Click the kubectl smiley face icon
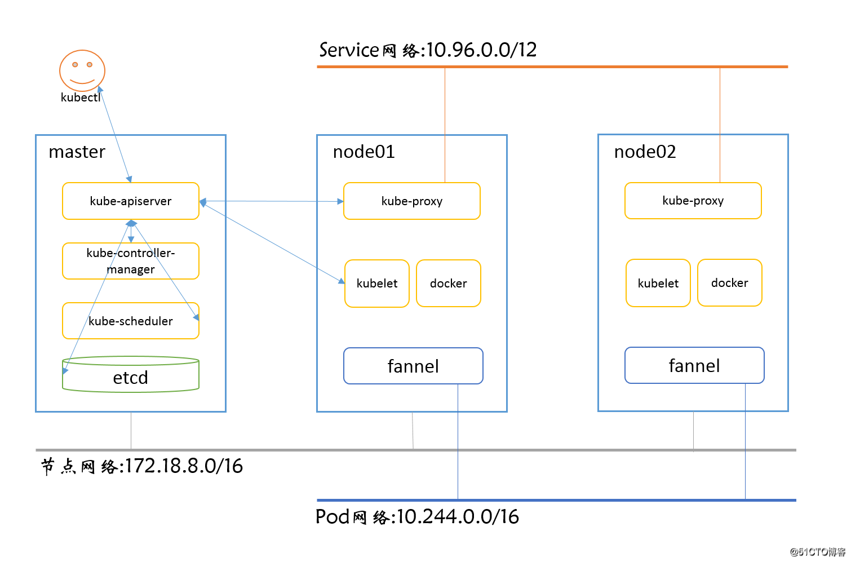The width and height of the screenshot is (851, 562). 82,70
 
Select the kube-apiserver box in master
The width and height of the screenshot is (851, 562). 130,201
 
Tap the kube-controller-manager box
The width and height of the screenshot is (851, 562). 130,261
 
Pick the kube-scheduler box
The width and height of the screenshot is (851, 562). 130,321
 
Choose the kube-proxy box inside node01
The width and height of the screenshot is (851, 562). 411,201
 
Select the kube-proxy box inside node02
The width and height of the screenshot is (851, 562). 693,201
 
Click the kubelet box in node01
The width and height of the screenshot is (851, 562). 376,284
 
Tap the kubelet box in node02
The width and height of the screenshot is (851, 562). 658,283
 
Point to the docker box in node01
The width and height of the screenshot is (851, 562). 448,284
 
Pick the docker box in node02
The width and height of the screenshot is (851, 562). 729,283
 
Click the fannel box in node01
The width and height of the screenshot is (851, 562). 413,366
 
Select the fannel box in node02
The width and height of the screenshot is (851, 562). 694,365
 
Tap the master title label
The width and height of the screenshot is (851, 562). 77,152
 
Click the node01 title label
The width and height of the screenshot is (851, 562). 364,152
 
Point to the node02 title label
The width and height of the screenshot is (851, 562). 645,152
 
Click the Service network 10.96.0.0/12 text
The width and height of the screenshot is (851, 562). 428,50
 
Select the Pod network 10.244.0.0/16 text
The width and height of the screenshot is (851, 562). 417,516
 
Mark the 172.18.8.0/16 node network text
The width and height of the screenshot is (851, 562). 142,466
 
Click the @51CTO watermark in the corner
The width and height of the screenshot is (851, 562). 817,552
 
